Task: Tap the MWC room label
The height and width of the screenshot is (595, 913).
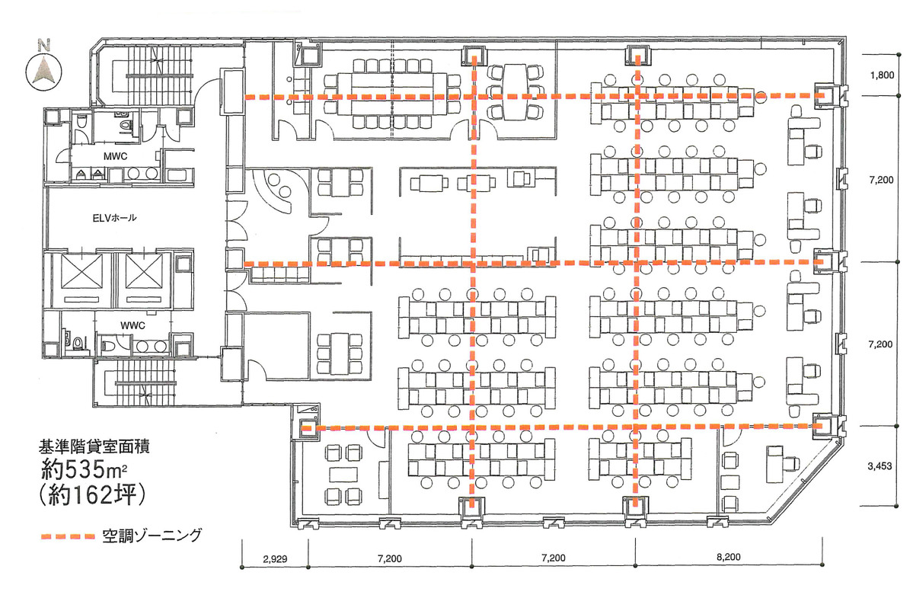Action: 115,156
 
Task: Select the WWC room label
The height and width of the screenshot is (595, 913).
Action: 132,325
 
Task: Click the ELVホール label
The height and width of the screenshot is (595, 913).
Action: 114,218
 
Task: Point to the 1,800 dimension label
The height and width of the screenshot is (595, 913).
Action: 882,75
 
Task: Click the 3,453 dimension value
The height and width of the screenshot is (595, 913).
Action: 879,465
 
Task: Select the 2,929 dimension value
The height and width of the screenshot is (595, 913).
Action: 275,559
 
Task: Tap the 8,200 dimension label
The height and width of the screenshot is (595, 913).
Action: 729,557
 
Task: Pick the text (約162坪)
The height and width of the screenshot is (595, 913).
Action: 93,494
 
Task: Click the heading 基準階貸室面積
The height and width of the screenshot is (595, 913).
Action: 94,447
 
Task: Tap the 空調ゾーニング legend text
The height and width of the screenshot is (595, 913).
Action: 152,536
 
